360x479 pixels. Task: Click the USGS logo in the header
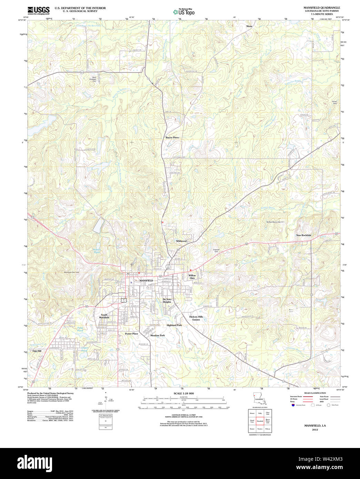38,10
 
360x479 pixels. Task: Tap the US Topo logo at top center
184,12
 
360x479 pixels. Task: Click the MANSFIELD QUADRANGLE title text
321,8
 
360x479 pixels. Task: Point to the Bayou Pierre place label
172,137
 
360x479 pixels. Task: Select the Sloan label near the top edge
249,26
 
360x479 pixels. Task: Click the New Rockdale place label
303,235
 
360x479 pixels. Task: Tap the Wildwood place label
181,241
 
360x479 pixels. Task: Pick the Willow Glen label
192,277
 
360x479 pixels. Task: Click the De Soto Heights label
167,300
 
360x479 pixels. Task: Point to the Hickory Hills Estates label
196,318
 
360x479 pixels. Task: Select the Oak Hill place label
37,351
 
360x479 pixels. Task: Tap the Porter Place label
131,334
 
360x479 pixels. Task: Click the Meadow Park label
157,335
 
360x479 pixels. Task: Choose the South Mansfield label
104,316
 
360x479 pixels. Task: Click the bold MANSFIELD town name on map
146,281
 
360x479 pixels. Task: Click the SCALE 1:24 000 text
183,394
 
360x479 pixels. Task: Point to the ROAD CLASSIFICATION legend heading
315,393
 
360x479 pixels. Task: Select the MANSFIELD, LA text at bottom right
315,426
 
